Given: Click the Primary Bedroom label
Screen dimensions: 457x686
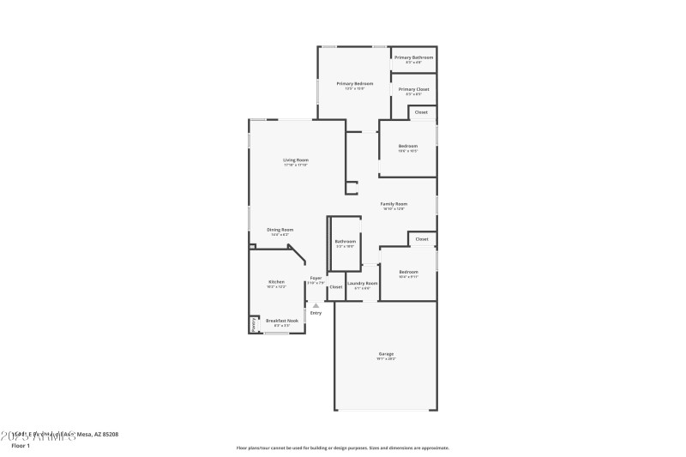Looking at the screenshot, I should point(354,83).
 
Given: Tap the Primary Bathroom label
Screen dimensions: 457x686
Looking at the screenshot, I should point(413,57).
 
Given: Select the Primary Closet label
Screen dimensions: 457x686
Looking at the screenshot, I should point(413,89).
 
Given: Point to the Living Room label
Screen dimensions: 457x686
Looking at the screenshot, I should point(296,160).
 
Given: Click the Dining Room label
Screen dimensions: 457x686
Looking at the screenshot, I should point(280,230).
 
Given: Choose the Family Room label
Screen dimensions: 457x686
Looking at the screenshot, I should point(394,204).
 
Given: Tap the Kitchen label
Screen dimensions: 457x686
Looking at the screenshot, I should point(276,282).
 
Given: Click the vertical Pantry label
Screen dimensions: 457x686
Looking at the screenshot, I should point(253,325).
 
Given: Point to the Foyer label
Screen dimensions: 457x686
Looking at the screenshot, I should point(316,278).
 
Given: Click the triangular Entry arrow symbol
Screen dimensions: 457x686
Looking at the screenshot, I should point(316,305).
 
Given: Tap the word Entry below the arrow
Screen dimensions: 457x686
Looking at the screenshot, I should point(316,313).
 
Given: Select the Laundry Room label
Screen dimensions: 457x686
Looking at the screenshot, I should point(362,283).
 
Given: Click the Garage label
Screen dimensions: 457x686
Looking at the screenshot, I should point(386,354).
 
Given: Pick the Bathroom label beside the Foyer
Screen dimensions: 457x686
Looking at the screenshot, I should point(345,242).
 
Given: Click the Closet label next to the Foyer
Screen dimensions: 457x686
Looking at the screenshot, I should point(335,287).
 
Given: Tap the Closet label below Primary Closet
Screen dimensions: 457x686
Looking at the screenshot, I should point(421,112).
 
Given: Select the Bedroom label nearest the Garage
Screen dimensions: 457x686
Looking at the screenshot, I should point(408,272).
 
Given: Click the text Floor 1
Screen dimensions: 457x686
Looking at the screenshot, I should point(21,446).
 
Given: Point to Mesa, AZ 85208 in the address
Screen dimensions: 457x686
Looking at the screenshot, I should point(98,435).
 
